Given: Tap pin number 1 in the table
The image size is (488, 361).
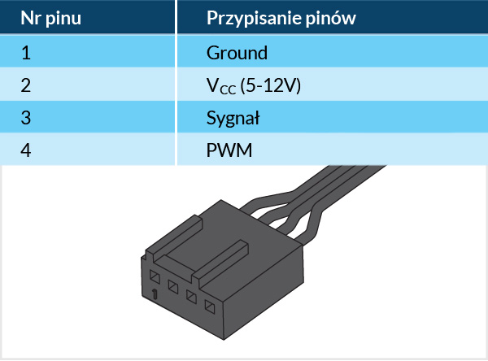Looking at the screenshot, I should click(26, 54).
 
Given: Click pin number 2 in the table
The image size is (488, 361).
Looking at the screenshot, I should click(26, 85).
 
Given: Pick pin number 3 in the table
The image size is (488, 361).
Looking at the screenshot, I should click(26, 118).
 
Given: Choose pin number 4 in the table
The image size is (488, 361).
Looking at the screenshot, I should click(26, 150).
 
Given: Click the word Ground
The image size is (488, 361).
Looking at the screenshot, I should click(237, 54).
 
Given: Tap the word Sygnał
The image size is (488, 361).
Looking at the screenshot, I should click(233, 118).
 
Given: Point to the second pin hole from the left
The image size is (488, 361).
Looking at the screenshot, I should click(172, 285).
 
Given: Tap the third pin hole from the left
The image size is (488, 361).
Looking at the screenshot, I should click(191, 296).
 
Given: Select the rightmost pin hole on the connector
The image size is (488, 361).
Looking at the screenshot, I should click(210, 307).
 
